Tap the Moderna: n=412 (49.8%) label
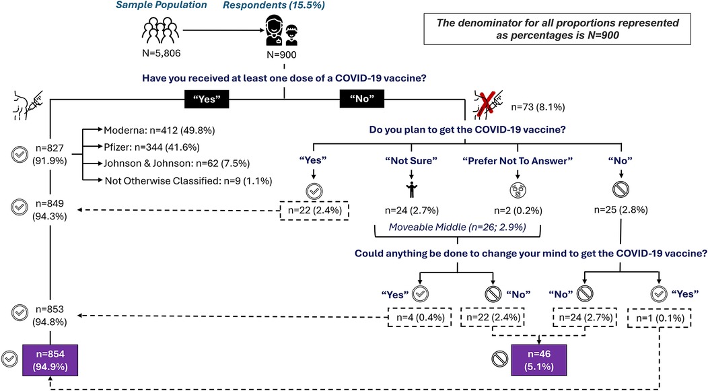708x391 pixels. (x=159, y=129)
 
